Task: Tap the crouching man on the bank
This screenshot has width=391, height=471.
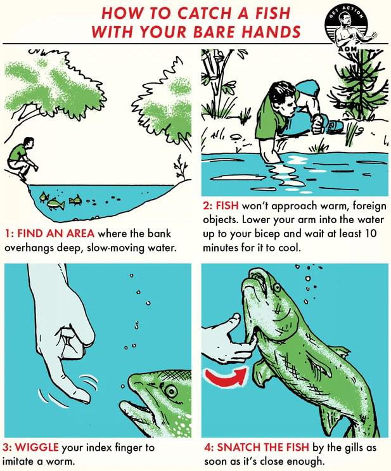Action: click(x=21, y=158)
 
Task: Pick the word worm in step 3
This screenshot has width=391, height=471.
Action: click(x=62, y=461)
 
